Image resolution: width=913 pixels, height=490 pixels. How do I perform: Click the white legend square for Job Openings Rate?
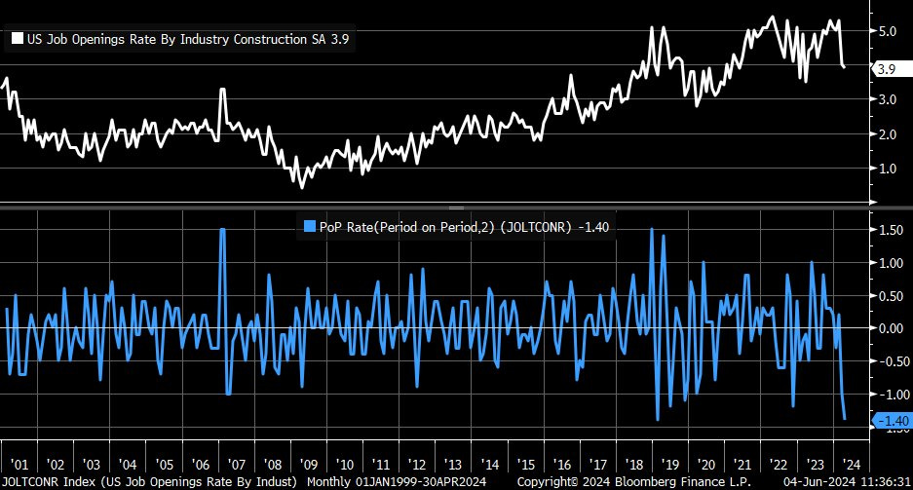pos(17,40)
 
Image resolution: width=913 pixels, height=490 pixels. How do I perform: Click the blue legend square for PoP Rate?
pos(311,226)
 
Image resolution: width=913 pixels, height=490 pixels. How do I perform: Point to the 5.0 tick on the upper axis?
pos(886,31)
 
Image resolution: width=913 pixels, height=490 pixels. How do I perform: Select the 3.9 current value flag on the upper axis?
pos(886,69)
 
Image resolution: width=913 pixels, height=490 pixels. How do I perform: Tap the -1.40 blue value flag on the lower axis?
pos(890,420)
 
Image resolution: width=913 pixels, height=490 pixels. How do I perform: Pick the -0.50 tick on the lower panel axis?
pos(888,361)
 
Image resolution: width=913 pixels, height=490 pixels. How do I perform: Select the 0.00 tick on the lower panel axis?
pos(888,328)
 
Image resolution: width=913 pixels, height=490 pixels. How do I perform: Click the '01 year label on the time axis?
pos(19,464)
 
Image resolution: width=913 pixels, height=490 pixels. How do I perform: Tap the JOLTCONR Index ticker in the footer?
pos(42,481)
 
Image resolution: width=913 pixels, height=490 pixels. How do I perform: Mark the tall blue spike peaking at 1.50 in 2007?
pos(222,230)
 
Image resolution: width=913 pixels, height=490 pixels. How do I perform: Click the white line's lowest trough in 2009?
pos(301,186)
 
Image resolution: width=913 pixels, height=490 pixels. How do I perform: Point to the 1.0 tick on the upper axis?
pos(886,169)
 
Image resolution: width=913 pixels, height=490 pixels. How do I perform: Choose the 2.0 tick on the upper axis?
pos(886,134)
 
